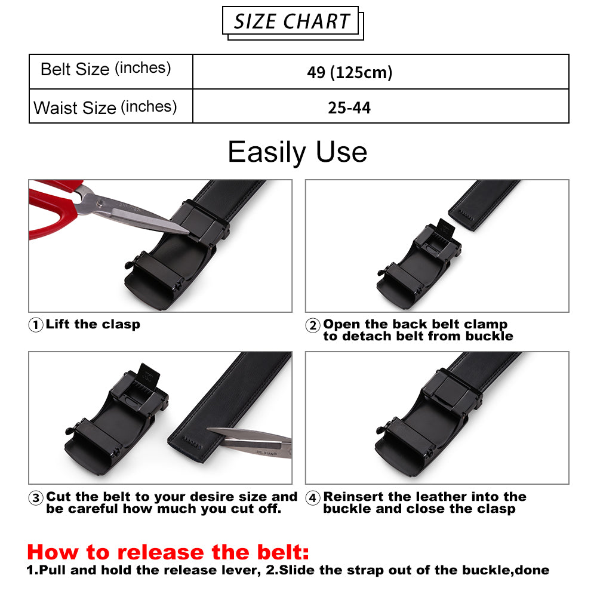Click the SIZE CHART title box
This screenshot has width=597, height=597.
pyautogui.click(x=292, y=22)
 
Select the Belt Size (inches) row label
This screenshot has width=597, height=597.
pyautogui.click(x=106, y=69)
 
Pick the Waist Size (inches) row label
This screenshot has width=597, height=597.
pyautogui.click(x=105, y=107)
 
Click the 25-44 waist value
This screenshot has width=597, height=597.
pyautogui.click(x=349, y=107)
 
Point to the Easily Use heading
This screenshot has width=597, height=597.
pyautogui.click(x=297, y=152)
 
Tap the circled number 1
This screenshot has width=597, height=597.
pyautogui.click(x=36, y=325)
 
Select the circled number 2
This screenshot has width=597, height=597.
pyautogui.click(x=313, y=325)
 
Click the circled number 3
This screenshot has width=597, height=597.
pyautogui.click(x=36, y=498)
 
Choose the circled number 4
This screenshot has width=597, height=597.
pyautogui.click(x=313, y=498)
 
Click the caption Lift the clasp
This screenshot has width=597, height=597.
pyautogui.click(x=93, y=324)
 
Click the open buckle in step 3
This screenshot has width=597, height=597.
pyautogui.click(x=116, y=419)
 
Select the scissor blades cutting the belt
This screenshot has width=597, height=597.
pyautogui.click(x=250, y=442)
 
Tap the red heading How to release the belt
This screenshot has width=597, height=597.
pyautogui.click(x=168, y=552)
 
